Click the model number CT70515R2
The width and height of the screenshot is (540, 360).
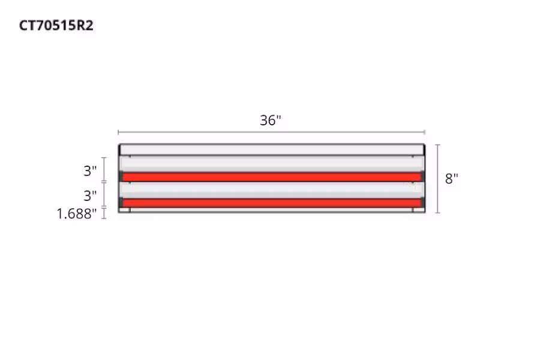point(56,26)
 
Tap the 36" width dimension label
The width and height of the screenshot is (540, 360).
point(271,120)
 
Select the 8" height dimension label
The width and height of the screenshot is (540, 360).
point(452,179)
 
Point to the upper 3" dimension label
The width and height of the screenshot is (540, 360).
point(90,171)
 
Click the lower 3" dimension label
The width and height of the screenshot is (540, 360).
point(90,196)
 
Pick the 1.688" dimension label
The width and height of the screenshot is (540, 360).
point(77,214)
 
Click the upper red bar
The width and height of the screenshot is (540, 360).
point(271,177)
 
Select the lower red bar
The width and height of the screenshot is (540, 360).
point(271,203)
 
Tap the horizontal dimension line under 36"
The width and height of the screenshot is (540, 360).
point(271,132)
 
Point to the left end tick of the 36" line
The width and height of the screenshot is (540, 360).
point(118,132)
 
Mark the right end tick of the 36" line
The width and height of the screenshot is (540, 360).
point(425,132)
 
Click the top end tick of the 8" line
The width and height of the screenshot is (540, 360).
point(437,145)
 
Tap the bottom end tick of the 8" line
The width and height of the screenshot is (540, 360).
point(437,213)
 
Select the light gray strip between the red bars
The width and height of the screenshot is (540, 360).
point(271,190)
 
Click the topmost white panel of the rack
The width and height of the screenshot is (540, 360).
point(271,149)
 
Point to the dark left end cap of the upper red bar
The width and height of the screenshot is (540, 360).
point(122,177)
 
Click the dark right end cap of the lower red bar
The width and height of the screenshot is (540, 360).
point(422,203)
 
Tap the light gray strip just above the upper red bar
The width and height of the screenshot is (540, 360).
point(271,164)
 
